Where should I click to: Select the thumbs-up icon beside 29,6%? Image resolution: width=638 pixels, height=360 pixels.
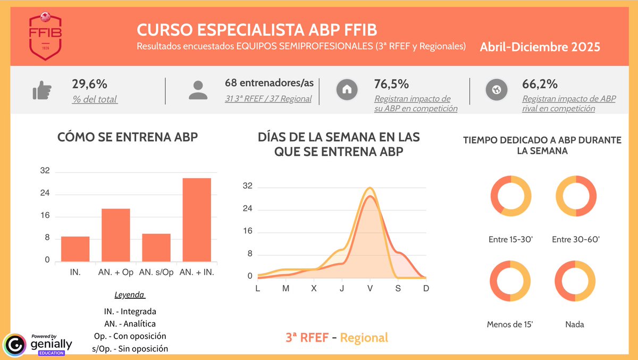pyautogui.click(x=41, y=91)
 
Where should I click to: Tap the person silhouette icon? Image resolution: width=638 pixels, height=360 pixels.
pyautogui.click(x=198, y=90)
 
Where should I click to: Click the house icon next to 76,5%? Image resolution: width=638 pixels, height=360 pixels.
pyautogui.click(x=347, y=90)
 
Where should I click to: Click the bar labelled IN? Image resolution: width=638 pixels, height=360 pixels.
pyautogui.click(x=75, y=248)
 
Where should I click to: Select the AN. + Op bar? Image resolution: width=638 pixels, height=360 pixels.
pyautogui.click(x=116, y=235)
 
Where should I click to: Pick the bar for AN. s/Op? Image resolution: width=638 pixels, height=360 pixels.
pyautogui.click(x=156, y=247)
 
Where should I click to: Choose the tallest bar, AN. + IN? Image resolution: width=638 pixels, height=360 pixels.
pyautogui.click(x=197, y=219)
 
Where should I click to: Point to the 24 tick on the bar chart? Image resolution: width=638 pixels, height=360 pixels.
pyautogui.click(x=45, y=194)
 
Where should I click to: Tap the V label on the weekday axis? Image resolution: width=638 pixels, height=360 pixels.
pyautogui.click(x=370, y=288)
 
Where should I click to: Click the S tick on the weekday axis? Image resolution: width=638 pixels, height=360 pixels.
pyautogui.click(x=398, y=288)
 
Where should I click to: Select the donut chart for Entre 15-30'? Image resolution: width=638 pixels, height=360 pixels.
pyautogui.click(x=510, y=196)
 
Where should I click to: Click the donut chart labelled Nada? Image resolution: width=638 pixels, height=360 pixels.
pyautogui.click(x=575, y=281)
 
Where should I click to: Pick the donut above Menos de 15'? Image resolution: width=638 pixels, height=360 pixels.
pyautogui.click(x=510, y=281)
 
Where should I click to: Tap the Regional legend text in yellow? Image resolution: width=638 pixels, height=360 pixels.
pyautogui.click(x=364, y=338)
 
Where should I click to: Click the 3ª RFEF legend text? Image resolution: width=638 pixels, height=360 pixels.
pyautogui.click(x=307, y=338)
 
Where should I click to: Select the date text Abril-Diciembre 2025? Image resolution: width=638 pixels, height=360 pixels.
pyautogui.click(x=540, y=47)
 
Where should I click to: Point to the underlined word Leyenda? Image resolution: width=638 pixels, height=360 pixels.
pyautogui.click(x=130, y=295)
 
